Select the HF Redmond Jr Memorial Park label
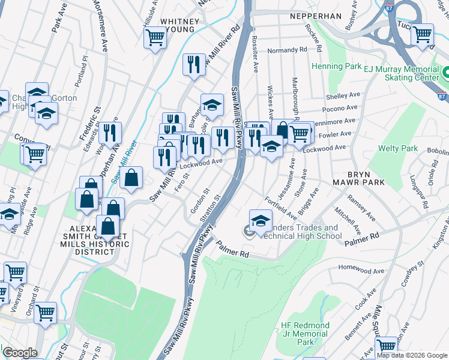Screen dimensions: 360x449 305,334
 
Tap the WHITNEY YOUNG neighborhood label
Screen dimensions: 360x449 177,25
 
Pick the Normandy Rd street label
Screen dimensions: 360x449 287,50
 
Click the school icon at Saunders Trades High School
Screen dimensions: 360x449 261,221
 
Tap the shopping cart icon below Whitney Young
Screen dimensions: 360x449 155,37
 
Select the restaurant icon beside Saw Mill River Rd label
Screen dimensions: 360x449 193,63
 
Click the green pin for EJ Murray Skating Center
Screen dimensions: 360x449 445,74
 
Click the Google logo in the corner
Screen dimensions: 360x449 19,353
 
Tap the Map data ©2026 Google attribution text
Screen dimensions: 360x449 412,355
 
